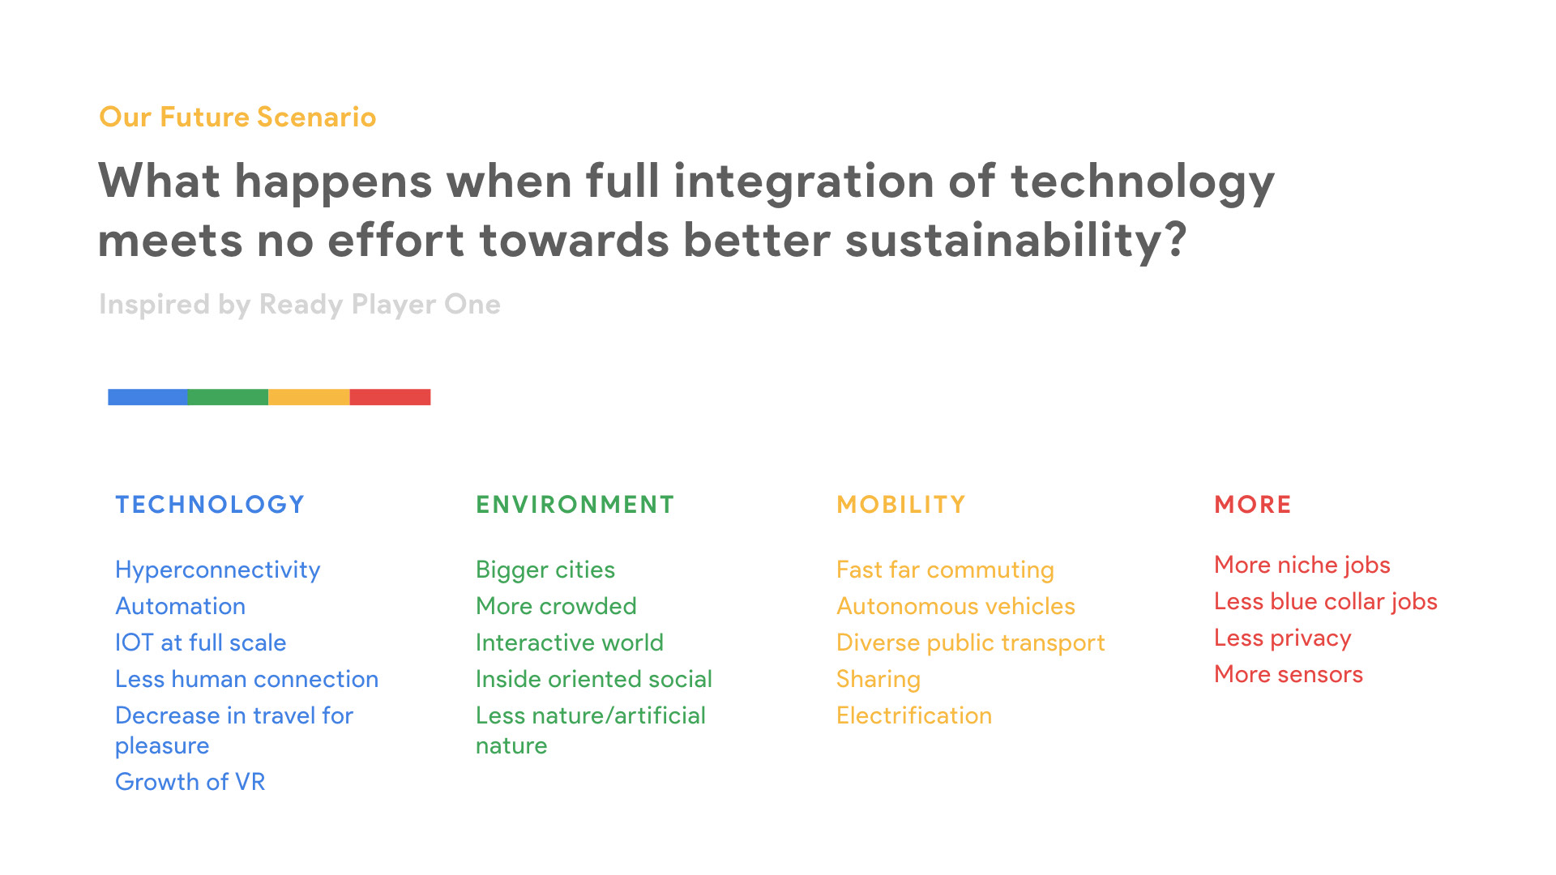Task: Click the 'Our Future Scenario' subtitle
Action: [x=237, y=117]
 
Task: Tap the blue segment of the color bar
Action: [x=147, y=397]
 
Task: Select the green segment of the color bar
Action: [x=228, y=397]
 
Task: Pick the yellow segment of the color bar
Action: [x=309, y=397]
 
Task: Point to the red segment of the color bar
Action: [x=390, y=397]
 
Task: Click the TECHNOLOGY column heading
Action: [x=210, y=505]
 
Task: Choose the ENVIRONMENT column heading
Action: [x=575, y=505]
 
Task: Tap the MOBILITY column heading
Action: [x=901, y=505]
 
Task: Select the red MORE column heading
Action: [x=1253, y=505]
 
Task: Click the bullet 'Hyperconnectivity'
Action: [x=218, y=570]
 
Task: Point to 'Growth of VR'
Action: [x=190, y=782]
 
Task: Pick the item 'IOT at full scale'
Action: [x=201, y=642]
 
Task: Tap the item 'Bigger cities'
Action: [x=545, y=570]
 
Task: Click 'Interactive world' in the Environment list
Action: [x=570, y=642]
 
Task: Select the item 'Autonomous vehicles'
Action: [x=955, y=606]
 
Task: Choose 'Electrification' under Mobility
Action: [x=914, y=715]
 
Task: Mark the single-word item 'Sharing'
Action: [x=878, y=680]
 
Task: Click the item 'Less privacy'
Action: [x=1283, y=638]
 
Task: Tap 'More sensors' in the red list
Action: [x=1289, y=674]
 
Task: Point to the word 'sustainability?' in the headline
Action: [x=1016, y=241]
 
